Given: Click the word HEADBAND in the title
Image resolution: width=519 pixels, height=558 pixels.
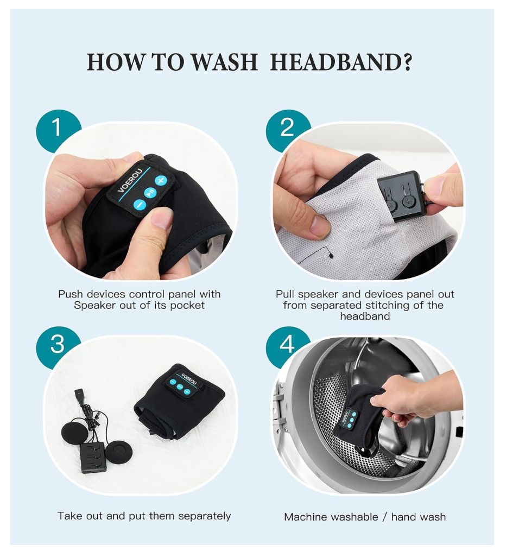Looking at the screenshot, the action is (341, 62).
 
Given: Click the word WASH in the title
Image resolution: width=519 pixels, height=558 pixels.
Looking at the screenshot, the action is (225, 62).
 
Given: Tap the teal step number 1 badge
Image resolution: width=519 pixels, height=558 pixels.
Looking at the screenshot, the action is (57, 129).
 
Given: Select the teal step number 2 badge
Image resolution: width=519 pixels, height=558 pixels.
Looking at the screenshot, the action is (287, 128).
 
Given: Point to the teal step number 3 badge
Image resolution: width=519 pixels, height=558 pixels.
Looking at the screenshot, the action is (57, 345).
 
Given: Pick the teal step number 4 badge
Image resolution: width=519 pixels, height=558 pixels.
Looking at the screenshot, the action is (287, 345).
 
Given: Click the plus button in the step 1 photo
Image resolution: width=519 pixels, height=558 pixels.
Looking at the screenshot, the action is (161, 180).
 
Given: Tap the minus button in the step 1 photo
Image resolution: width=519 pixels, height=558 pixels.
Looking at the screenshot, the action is (139, 205).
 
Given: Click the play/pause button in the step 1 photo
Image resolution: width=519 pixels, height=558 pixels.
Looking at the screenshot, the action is (150, 192).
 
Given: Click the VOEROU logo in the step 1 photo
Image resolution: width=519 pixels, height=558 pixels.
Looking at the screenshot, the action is (130, 180).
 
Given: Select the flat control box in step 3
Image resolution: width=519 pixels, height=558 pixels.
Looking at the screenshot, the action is (93, 457).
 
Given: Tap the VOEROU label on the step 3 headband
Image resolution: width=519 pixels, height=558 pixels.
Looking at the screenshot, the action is (189, 379).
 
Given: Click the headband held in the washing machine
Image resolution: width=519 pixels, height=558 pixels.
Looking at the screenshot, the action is (357, 423).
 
